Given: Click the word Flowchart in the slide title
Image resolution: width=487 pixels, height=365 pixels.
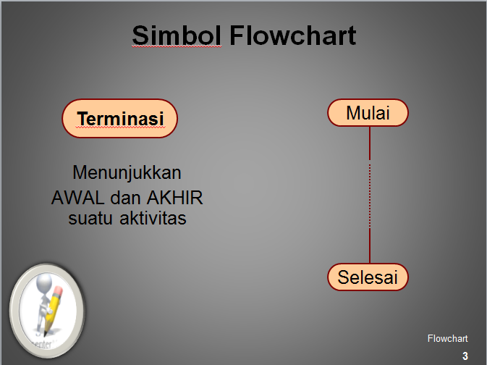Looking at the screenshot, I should tap(293, 35).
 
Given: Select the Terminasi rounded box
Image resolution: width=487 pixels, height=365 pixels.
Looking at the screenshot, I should tap(120, 119).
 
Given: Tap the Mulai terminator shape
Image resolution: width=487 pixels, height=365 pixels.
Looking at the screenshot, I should tap(368, 113).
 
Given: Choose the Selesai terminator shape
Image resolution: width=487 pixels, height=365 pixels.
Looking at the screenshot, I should tap(368, 277).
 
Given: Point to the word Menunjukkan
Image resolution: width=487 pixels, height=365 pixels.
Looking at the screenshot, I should tap(127, 173).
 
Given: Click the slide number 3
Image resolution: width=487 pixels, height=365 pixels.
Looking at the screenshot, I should tap(465, 355).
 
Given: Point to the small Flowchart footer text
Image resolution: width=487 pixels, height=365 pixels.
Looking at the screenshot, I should tap(447, 338).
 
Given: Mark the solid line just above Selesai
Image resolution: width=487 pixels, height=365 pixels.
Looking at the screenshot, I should tap(370, 246).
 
